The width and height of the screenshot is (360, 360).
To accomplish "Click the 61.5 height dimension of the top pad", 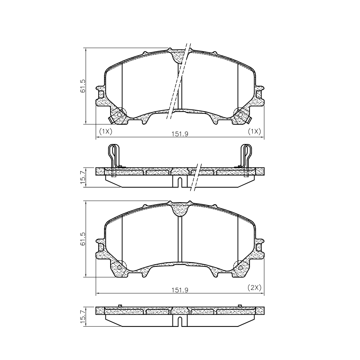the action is click(x=83, y=86).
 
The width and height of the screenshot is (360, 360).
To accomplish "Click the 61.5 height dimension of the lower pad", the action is click(x=83, y=239).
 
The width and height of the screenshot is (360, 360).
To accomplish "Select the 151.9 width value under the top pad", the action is click(x=180, y=134).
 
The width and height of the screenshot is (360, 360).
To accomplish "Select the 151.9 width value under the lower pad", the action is click(x=180, y=290).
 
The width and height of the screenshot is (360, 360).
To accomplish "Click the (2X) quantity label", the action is click(x=255, y=287).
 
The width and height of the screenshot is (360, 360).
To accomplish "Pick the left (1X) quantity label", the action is click(x=105, y=131).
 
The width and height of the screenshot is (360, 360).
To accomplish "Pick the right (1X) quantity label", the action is click(x=255, y=131).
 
